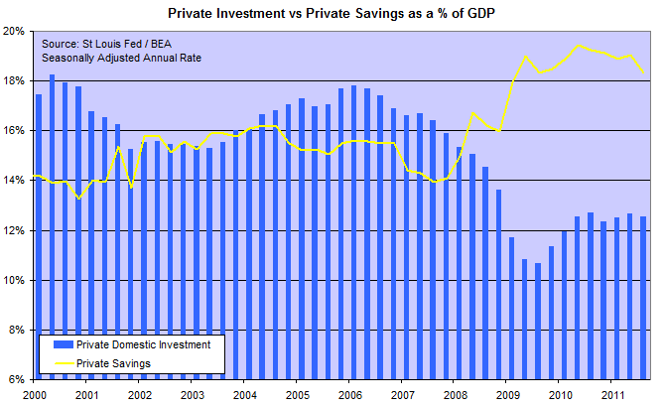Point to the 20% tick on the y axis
pyautogui.click(x=16, y=31)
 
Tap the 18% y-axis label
pyautogui.click(x=16, y=80)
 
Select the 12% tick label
pyautogui.click(x=16, y=230)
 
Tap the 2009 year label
pyautogui.click(x=505, y=394)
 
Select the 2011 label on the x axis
pyautogui.click(x=610, y=394)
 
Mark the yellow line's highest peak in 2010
pyautogui.click(x=579, y=46)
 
